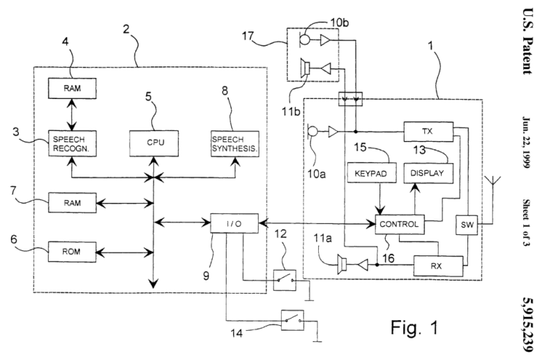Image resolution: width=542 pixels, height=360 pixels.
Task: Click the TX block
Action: point(428,130)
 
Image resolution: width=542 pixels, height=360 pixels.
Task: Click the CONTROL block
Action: point(399,224)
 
